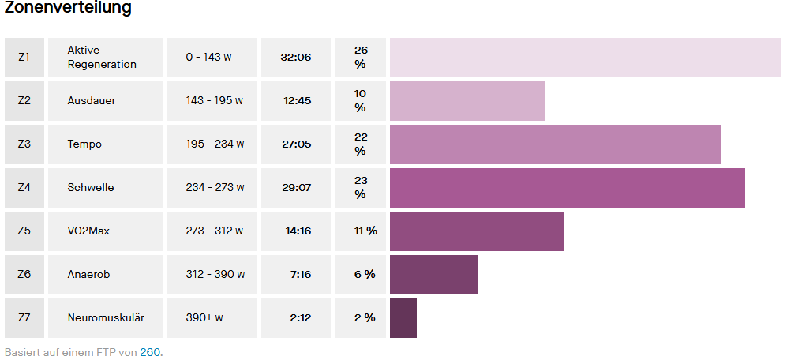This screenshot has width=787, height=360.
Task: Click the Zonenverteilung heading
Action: pos(68,9)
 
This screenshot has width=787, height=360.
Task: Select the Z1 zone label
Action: pos(24,57)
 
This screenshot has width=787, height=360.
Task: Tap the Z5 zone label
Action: pos(24,231)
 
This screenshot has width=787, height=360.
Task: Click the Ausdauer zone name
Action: pos(92,100)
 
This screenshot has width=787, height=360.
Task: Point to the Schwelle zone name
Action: pos(91,187)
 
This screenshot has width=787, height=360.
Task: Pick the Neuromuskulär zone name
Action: pos(106,317)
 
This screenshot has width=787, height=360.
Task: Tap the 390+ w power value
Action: pos(204,317)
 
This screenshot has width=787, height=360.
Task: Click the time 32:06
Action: pos(296,57)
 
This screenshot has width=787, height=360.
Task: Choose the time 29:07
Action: pos(297,187)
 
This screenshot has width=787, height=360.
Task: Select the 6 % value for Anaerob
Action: pos(365,274)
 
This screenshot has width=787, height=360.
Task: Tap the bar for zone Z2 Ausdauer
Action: pos(467,100)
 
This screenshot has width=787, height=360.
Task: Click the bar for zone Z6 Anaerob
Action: pos(434,274)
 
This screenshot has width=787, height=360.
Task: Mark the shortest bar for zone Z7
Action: pos(403,317)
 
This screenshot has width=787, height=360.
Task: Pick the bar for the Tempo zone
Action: pos(555,144)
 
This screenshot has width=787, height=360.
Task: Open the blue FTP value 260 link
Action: pos(150,352)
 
